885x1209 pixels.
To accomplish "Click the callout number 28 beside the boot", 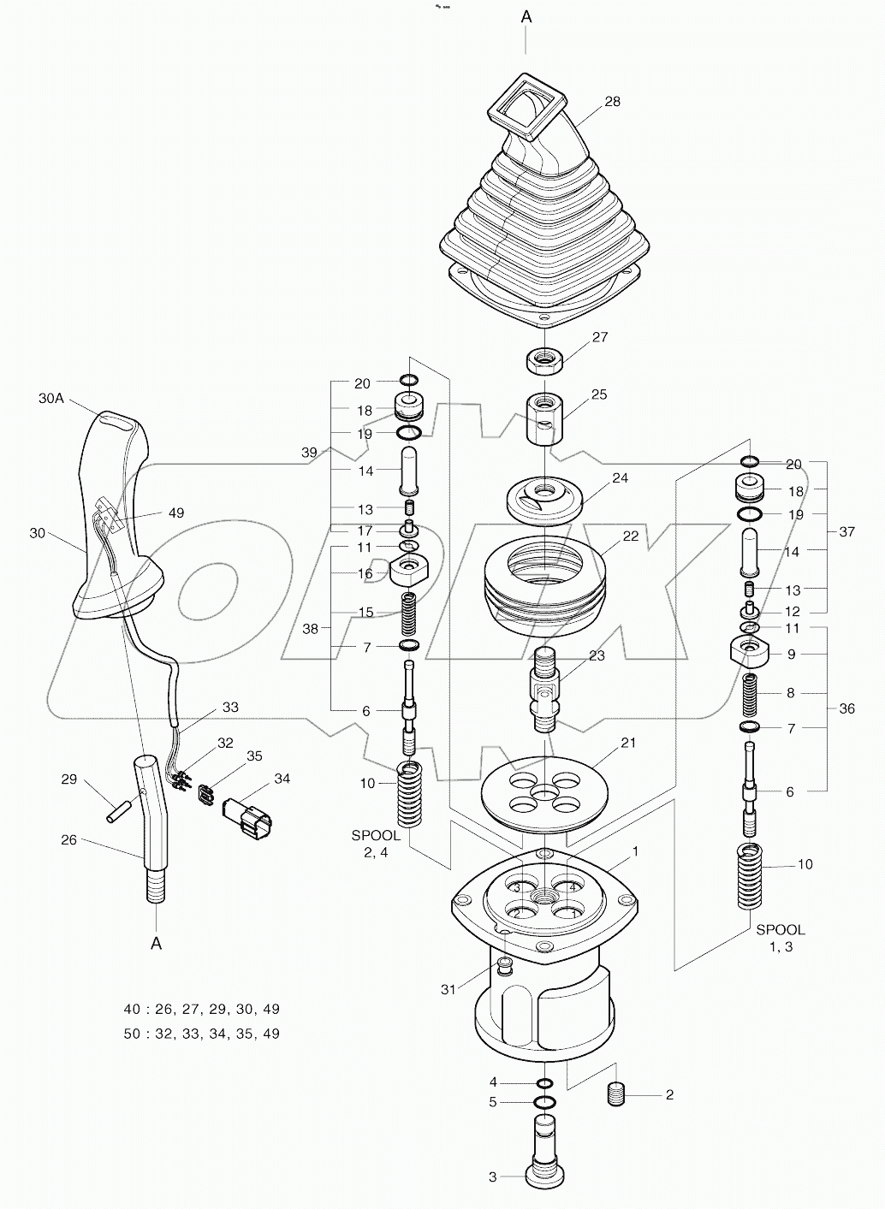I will (x=612, y=102).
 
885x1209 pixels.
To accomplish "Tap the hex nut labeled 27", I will (x=542, y=359).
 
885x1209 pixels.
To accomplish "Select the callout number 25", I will (x=599, y=394).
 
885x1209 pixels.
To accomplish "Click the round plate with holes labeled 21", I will (x=540, y=791).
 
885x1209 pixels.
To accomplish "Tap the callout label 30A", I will (x=52, y=398).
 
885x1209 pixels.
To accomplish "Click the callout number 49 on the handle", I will (x=175, y=513).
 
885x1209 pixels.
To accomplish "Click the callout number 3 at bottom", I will (x=493, y=1177).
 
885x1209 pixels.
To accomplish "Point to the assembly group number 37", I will (x=846, y=531).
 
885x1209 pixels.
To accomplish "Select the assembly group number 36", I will (x=846, y=708).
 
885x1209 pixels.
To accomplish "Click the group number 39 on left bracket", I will (x=309, y=452).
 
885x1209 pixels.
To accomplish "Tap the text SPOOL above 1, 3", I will (x=779, y=929).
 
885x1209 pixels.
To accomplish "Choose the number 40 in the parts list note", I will (x=132, y=1009).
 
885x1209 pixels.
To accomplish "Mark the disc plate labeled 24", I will (x=544, y=499).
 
